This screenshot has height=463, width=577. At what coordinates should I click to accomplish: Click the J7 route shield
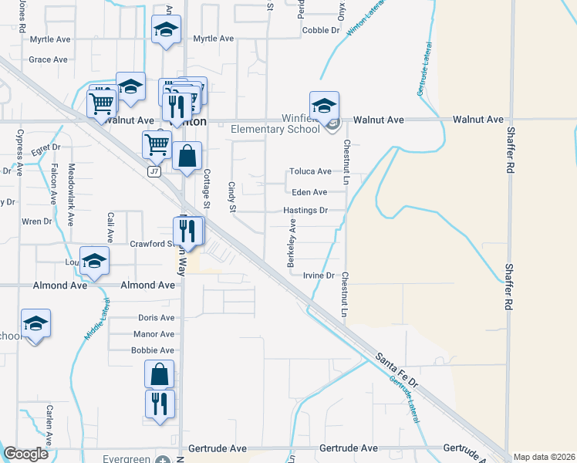point(155,172)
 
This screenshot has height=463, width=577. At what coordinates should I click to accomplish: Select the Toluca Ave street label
point(310,172)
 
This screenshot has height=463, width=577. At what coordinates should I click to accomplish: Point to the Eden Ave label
point(309,192)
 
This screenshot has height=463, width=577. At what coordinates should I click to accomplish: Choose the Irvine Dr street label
point(318,275)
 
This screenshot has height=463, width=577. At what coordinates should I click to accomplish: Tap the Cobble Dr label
point(321,30)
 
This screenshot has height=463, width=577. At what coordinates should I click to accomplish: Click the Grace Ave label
point(48,59)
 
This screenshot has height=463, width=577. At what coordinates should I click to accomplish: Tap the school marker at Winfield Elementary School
point(325,106)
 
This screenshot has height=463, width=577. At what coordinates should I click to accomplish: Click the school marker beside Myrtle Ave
point(166,30)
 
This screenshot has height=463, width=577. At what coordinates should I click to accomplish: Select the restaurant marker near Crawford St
point(187,229)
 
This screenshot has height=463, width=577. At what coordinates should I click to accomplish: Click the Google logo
point(26,454)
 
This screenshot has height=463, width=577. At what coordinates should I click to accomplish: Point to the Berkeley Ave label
point(292,242)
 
